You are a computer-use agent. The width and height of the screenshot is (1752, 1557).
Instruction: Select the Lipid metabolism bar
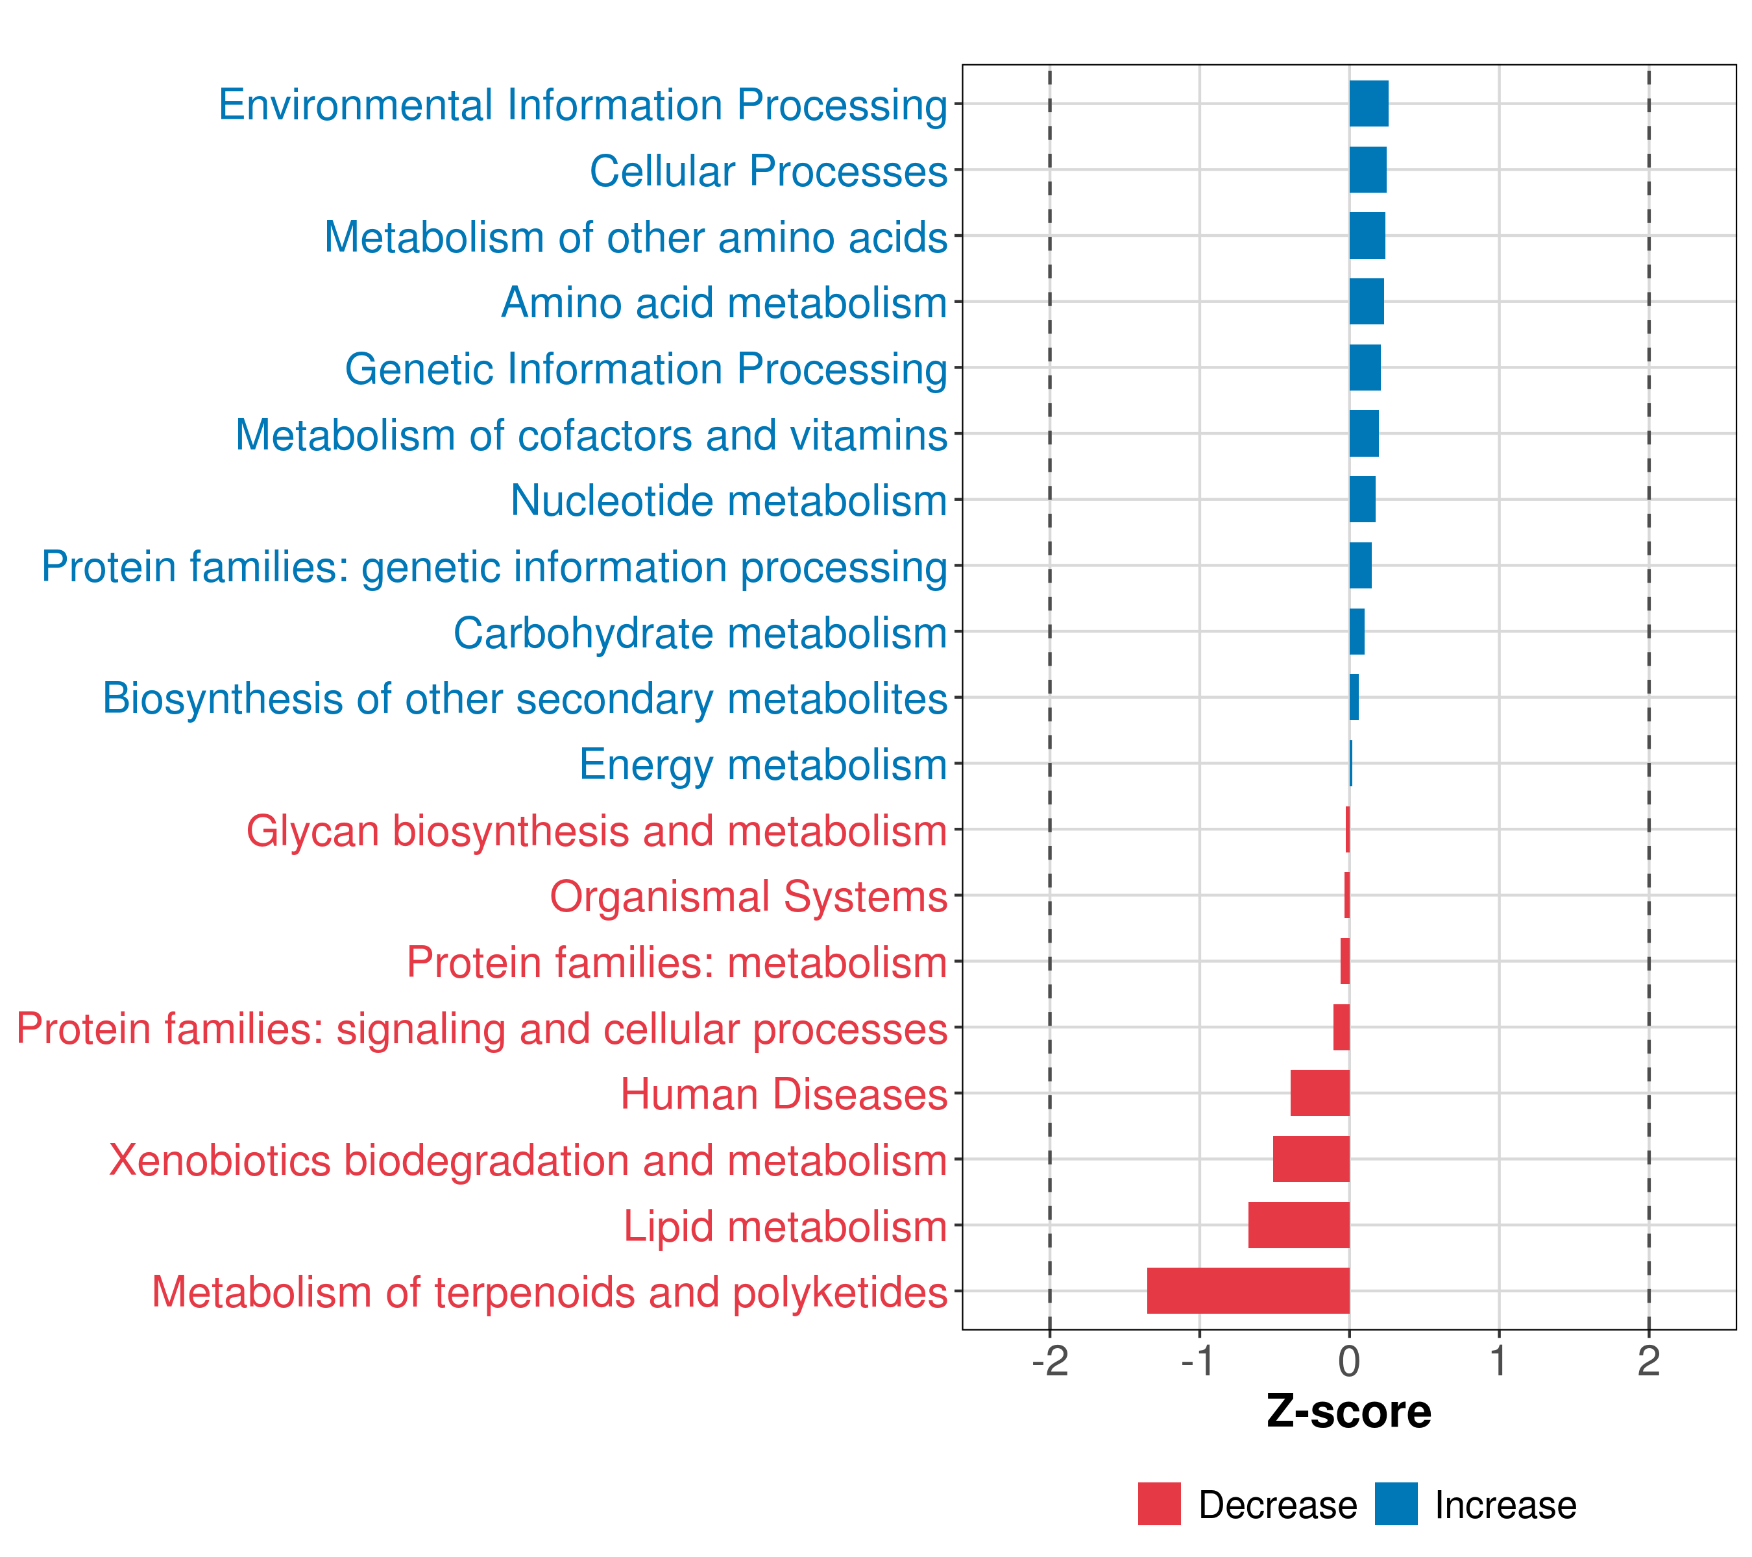tap(1298, 1225)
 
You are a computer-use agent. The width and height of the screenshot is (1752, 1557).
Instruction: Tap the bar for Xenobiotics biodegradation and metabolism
tap(1311, 1159)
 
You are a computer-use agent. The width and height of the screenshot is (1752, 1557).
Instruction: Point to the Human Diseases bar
tap(1320, 1092)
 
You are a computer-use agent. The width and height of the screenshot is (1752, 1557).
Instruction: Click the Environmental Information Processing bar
tap(1369, 104)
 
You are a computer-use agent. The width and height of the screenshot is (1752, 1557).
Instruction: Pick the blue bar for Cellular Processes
tap(1368, 170)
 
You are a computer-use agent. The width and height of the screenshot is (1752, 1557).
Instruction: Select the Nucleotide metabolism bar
tap(1363, 500)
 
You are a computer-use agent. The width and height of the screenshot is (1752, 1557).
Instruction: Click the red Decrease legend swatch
tap(1159, 1504)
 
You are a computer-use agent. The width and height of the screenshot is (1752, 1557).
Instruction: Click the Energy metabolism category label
tap(763, 764)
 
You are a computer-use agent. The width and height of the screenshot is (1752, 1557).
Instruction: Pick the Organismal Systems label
tap(748, 897)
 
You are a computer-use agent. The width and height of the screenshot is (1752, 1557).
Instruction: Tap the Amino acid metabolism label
tap(724, 302)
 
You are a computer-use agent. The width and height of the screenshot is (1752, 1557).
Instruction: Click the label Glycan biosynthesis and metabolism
tap(596, 830)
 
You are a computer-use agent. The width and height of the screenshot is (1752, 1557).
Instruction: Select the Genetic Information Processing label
tap(646, 368)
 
